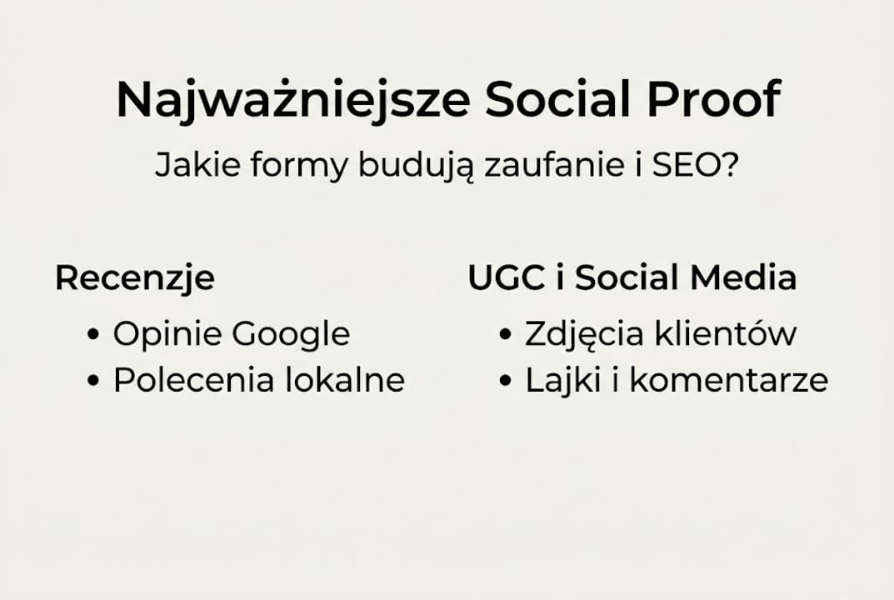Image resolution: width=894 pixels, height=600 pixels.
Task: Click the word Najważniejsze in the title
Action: pos(292,100)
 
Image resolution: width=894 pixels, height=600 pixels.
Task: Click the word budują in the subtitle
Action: pos(416,167)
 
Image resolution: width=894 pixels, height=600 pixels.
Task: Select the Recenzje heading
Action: pos(134,278)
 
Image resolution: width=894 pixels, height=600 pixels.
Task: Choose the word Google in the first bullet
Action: pos(291,335)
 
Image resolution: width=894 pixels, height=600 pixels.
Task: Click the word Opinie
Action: pos(167,335)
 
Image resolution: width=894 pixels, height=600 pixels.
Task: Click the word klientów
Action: pos(725,334)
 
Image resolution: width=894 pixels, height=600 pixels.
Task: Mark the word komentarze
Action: pos(728,381)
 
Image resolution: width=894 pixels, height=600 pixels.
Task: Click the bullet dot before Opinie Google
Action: pos(93,336)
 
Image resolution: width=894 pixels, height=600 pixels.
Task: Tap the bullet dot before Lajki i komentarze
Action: pos(505,382)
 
